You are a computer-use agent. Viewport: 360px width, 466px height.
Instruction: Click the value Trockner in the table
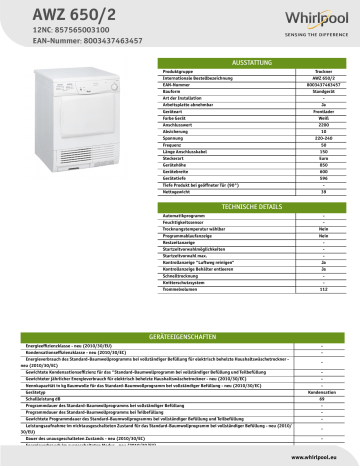coord(317,73)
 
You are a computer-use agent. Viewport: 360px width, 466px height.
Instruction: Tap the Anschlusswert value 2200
coord(317,124)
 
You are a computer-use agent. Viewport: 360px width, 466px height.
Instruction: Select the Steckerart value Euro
coord(317,156)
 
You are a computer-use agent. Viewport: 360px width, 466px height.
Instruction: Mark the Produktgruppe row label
coord(180,73)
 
